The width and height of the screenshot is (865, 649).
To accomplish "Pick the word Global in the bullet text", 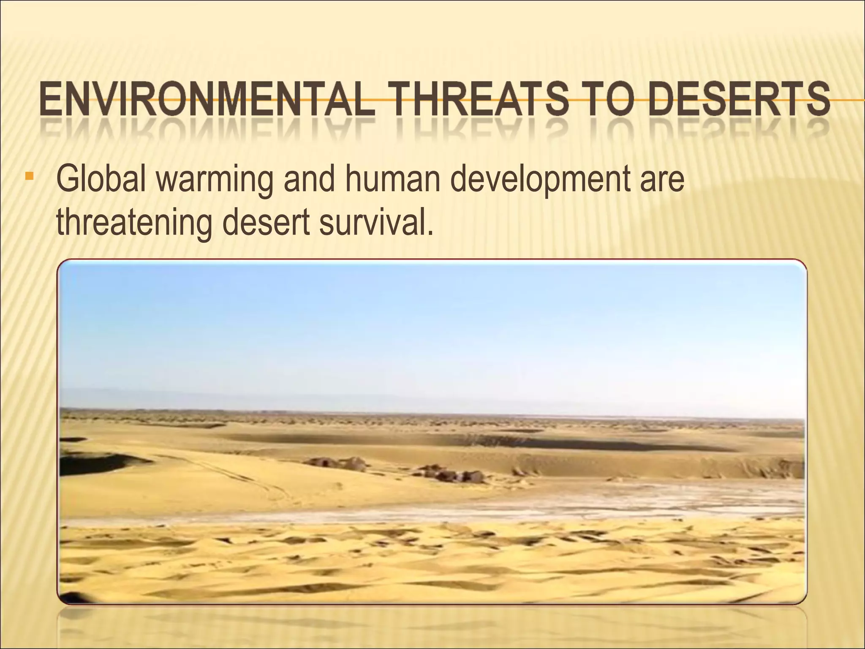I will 102,179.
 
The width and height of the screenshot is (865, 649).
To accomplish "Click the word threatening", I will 133,223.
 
